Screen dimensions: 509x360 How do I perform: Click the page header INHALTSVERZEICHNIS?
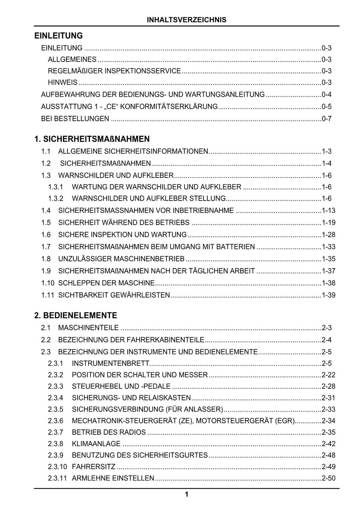pyautogui.click(x=186, y=20)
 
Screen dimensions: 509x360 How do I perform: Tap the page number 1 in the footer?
pyautogui.click(x=186, y=495)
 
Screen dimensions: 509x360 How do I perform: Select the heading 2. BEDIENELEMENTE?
pyautogui.click(x=76, y=315)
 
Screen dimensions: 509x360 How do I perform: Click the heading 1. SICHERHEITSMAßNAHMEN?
pyautogui.click(x=92, y=139)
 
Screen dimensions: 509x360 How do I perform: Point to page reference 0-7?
pyautogui.click(x=327, y=119)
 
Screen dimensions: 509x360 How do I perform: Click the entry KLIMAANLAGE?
pyautogui.click(x=96, y=444)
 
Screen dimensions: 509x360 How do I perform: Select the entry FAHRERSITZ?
pyautogui.click(x=94, y=467)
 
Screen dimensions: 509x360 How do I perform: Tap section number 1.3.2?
pyautogui.click(x=56, y=199)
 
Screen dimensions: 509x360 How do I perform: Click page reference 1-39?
pyautogui.click(x=329, y=295)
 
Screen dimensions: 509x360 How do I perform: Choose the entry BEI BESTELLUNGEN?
pyautogui.click(x=75, y=119)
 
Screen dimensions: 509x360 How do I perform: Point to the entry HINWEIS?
pyautogui.click(x=63, y=83)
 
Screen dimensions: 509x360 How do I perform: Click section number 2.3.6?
pyautogui.click(x=56, y=421)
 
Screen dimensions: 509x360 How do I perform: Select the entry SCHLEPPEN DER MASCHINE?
pyautogui.click(x=106, y=283)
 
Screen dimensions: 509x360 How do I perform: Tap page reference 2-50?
pyautogui.click(x=329, y=478)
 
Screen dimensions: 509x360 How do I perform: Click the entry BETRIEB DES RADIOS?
pyautogui.click(x=109, y=432)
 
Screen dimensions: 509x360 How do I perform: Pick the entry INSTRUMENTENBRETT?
pyautogui.click(x=110, y=363)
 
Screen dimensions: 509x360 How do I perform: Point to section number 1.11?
pyautogui.click(x=47, y=295)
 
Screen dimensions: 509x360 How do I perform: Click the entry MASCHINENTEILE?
pyautogui.click(x=88, y=328)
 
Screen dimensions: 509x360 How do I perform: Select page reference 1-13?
pyautogui.click(x=329, y=211)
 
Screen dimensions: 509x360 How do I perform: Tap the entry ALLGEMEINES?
pyautogui.click(x=72, y=59)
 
